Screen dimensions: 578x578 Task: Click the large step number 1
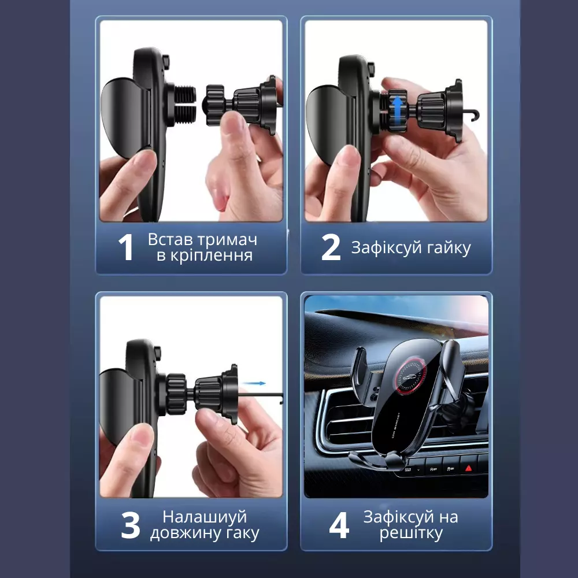pos(125,247)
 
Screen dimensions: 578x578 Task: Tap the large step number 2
pos(331,247)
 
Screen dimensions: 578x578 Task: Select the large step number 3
pos(131,525)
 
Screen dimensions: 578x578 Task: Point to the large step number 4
pos(339,525)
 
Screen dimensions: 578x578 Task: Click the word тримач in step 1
pos(231,240)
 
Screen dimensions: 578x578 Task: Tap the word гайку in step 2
pos(449,249)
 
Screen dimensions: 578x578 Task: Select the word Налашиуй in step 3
pos(205,517)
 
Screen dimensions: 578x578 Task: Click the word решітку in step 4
pos(411,533)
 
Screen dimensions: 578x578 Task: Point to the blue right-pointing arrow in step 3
pos(254,383)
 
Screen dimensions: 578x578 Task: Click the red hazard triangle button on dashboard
pos(469,468)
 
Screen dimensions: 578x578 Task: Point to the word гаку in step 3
pos(243,533)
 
